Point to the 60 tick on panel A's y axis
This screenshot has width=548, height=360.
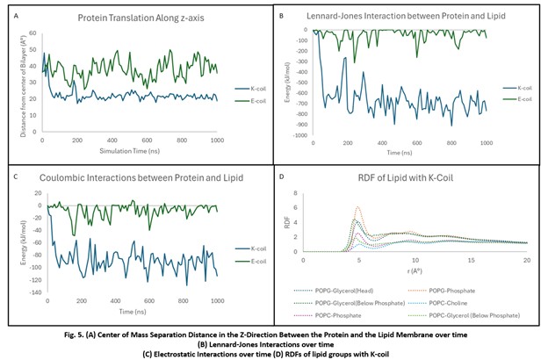coord(33,33)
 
